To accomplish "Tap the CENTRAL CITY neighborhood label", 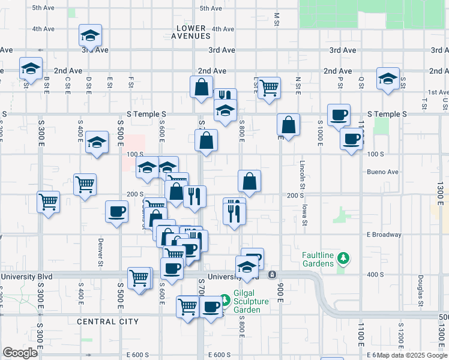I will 107,322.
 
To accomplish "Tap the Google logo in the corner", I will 20,352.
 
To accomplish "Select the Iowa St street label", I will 305,214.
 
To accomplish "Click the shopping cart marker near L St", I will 270,87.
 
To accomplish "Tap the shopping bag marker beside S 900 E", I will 289,125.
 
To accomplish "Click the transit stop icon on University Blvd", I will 272,275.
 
